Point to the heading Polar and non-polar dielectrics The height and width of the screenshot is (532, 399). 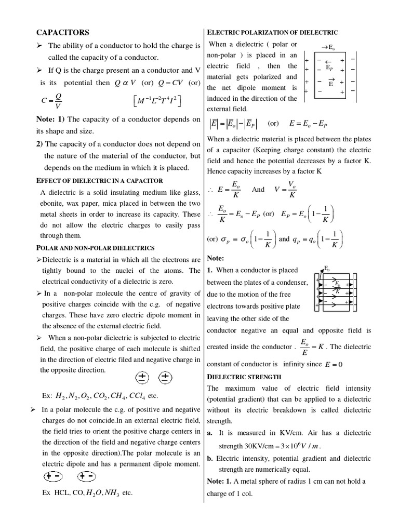click(96, 248)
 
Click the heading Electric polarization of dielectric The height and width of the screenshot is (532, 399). click(273, 32)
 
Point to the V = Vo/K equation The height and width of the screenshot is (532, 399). click(285, 190)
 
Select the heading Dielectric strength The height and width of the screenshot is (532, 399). click(244, 377)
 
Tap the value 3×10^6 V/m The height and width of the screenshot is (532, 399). click(300, 445)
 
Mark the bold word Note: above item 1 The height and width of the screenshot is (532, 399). click(215, 258)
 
